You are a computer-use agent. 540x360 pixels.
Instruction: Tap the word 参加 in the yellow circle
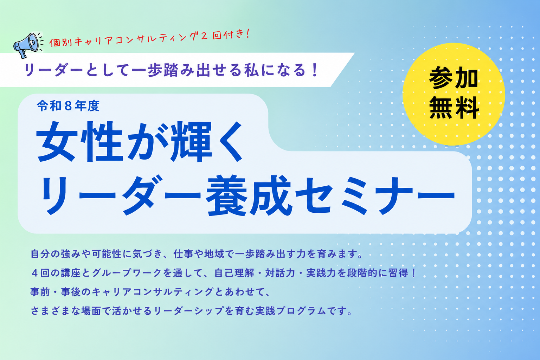click(454, 78)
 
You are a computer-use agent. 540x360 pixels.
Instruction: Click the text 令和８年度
click(68, 106)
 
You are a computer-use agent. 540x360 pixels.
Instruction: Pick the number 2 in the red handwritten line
click(204, 37)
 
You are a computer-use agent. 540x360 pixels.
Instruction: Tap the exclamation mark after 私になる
click(314, 70)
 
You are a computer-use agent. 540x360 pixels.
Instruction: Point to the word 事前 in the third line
click(40, 292)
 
